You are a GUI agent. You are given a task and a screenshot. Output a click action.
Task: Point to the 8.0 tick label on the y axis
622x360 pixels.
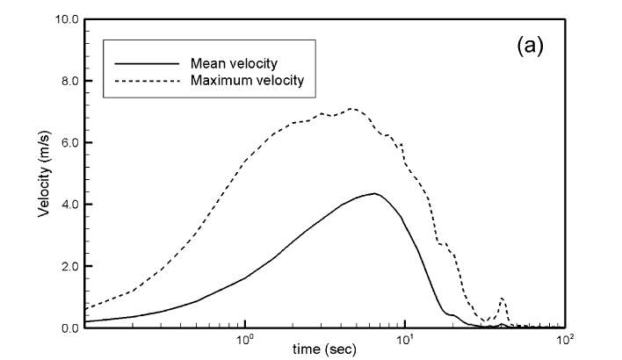(69, 81)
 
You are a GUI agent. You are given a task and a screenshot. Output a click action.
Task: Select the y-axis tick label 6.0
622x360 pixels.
(69, 142)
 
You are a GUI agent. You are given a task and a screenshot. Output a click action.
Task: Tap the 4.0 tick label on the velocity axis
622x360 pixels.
(69, 205)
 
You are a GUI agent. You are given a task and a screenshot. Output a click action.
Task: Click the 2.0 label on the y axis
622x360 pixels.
(69, 266)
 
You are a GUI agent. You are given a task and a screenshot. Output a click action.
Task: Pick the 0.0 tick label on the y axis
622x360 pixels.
(69, 328)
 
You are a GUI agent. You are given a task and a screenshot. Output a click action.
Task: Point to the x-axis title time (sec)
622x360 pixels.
(325, 349)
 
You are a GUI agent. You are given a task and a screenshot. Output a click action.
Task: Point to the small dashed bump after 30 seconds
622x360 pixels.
(502, 299)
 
